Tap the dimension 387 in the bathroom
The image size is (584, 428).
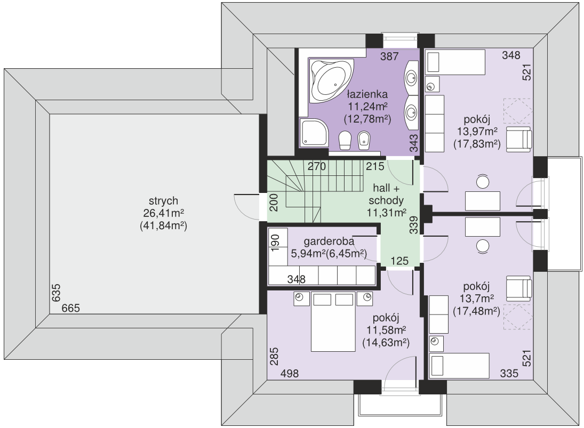point(389,57)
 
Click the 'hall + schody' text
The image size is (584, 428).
point(386,195)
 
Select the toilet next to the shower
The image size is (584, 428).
point(345,140)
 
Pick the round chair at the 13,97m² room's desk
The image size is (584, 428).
point(483,182)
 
